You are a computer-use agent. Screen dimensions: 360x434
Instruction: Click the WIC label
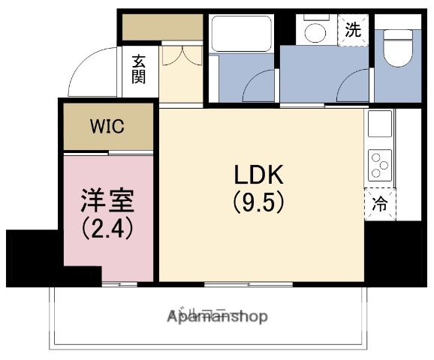pyautogui.click(x=108, y=125)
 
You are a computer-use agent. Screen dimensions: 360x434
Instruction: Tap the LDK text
pyautogui.click(x=257, y=176)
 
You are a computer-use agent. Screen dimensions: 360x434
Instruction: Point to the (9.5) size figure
pyautogui.click(x=257, y=202)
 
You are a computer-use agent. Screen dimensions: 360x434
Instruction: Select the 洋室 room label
pyautogui.click(x=107, y=202)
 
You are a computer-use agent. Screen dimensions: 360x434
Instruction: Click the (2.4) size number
pyautogui.click(x=107, y=227)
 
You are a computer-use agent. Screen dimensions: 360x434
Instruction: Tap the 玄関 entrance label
pyautogui.click(x=140, y=68)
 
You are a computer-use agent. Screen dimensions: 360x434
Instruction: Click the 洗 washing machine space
pyautogui.click(x=353, y=31)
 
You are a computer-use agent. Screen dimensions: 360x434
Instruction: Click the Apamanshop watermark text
pyautogui.click(x=217, y=316)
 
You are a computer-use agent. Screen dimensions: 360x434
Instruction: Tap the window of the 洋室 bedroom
pyautogui.click(x=119, y=284)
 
